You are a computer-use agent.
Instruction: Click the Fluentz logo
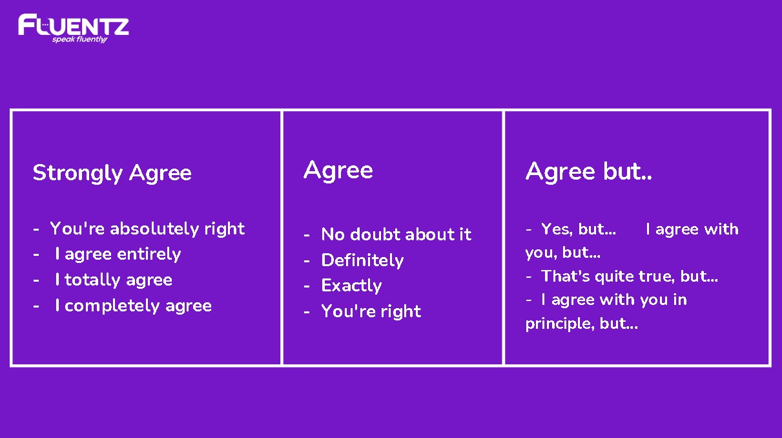(74, 28)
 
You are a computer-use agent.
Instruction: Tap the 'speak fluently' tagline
(79, 39)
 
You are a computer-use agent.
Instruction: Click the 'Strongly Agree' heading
(112, 173)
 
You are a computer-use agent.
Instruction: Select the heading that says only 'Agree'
(338, 171)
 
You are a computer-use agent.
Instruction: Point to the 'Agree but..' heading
(588, 171)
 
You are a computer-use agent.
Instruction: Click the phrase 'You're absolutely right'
(147, 229)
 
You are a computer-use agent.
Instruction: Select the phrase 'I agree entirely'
(118, 254)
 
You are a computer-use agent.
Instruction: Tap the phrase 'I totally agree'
(114, 280)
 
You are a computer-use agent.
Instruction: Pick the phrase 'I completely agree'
(134, 306)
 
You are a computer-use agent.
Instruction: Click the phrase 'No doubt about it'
(396, 234)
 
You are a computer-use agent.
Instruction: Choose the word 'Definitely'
(362, 260)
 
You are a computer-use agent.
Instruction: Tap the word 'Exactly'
(351, 286)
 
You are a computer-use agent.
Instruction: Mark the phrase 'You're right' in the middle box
(371, 311)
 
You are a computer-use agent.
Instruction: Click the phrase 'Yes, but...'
(579, 229)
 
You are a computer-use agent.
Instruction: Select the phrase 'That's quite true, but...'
(630, 276)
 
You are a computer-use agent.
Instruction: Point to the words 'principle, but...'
(582, 324)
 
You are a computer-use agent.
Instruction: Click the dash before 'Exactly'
(307, 287)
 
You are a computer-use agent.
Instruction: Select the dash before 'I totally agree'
(36, 280)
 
